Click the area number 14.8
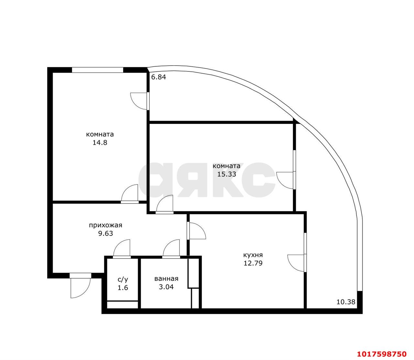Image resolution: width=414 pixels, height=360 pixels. (x=100, y=143)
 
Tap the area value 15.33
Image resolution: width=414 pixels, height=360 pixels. (x=227, y=174)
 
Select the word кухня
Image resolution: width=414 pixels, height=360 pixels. (x=253, y=255)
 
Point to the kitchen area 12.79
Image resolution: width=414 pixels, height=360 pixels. (x=253, y=263)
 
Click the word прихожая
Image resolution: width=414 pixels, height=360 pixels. (x=106, y=225)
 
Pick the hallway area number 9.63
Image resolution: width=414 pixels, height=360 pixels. (x=106, y=233)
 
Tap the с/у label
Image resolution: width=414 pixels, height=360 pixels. (x=123, y=280)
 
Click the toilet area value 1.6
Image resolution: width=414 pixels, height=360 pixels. (x=123, y=288)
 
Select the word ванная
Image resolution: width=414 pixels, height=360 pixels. (x=166, y=279)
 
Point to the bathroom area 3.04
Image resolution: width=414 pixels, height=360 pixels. (x=166, y=287)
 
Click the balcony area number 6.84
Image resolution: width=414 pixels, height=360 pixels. (x=158, y=77)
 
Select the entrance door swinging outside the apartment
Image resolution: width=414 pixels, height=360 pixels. (x=80, y=286)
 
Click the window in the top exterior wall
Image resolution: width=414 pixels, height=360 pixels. (x=98, y=70)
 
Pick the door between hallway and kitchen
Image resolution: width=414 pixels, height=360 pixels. (x=196, y=231)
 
